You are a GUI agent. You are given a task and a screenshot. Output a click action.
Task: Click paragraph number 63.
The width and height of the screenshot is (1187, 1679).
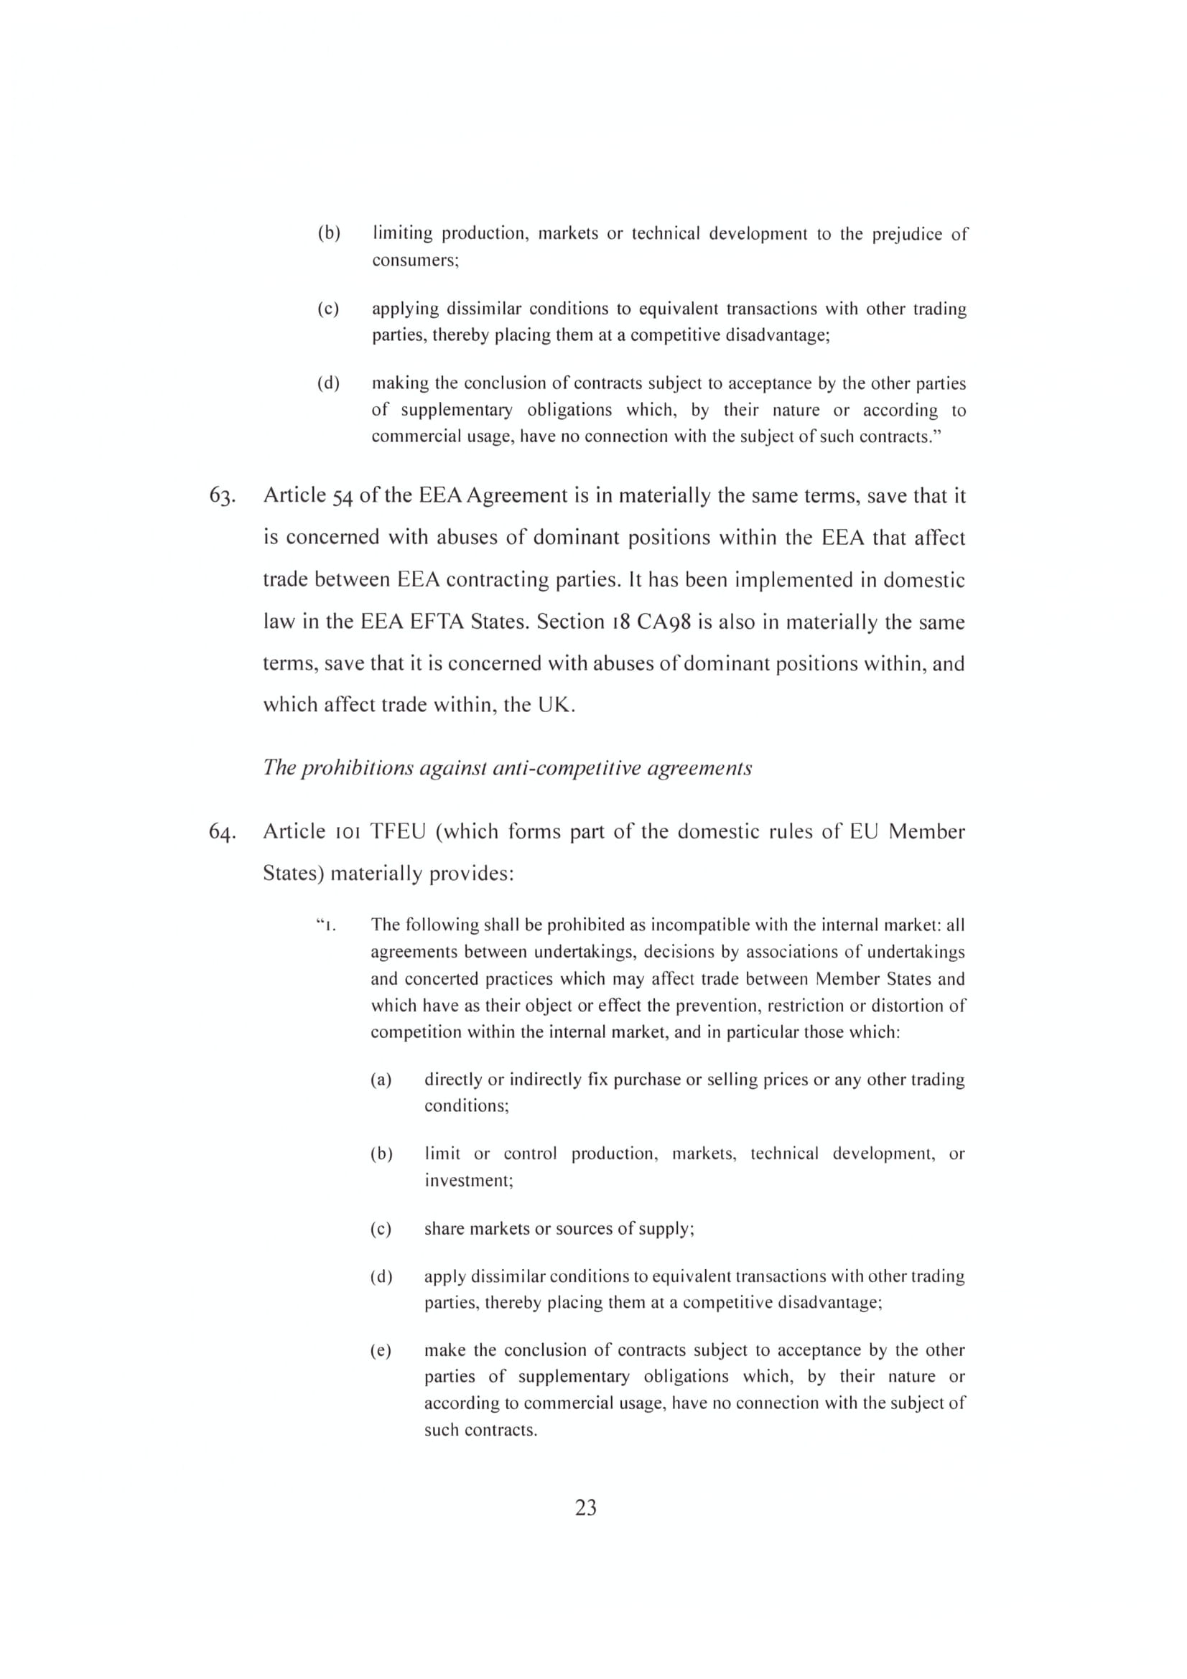(x=223, y=497)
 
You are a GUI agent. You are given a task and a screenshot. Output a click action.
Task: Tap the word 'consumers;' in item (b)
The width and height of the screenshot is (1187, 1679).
(x=415, y=261)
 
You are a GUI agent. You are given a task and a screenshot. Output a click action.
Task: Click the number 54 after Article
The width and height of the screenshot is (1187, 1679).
(x=343, y=497)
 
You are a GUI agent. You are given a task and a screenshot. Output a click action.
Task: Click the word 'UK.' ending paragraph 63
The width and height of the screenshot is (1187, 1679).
(x=557, y=706)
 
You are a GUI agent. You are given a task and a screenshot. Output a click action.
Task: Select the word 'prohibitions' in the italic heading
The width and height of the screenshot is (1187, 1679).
(x=358, y=769)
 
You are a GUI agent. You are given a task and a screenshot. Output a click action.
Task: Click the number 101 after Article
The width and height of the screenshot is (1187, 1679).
(x=350, y=832)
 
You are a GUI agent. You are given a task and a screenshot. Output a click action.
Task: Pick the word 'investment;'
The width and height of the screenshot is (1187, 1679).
(x=469, y=1180)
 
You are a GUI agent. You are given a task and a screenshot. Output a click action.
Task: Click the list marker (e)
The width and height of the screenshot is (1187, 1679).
(x=381, y=1351)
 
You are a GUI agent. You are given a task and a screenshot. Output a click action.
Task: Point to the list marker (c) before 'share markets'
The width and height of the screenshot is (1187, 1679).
(x=381, y=1229)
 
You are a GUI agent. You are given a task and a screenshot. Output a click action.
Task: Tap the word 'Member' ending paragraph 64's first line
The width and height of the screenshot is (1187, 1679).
(x=926, y=832)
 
